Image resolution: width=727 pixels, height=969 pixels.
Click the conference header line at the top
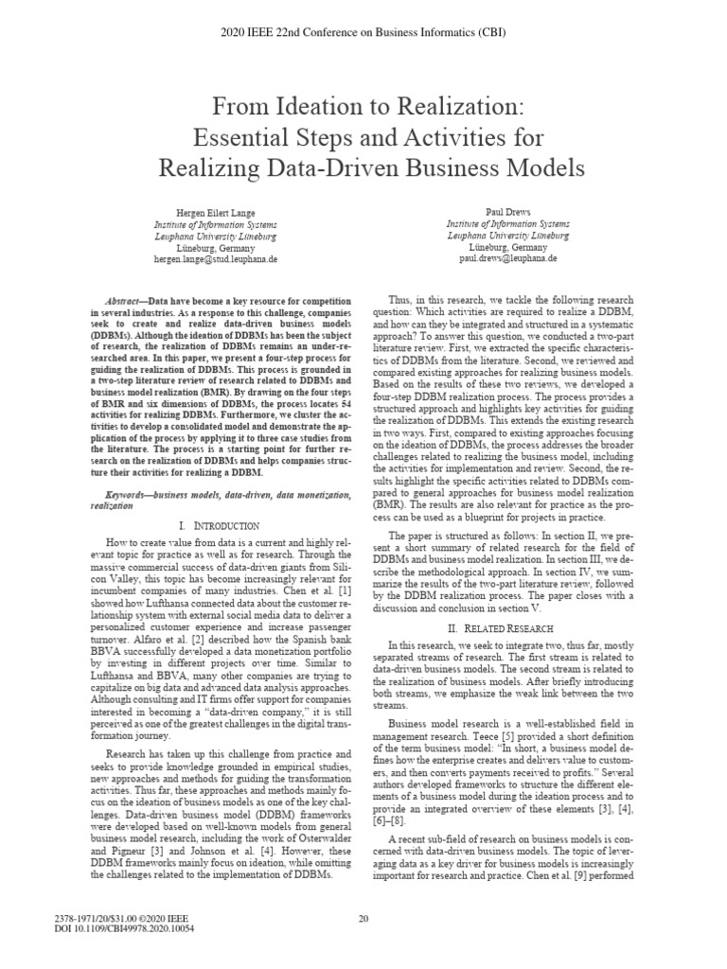tap(363, 32)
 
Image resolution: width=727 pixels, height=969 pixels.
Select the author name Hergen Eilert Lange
tap(209, 214)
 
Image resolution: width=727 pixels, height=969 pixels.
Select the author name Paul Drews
tap(508, 214)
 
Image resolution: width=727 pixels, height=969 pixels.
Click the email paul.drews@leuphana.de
tap(508, 257)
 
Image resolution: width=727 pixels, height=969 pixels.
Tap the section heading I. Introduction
tap(219, 524)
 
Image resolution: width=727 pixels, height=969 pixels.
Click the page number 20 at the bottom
tap(363, 917)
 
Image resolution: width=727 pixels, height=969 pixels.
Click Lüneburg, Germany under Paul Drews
tap(508, 246)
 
